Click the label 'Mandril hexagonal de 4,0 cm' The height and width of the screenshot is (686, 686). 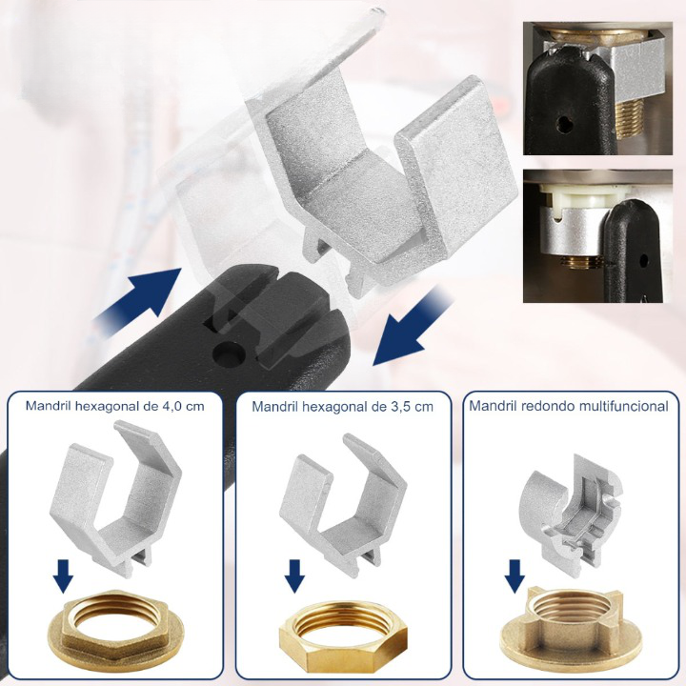115,406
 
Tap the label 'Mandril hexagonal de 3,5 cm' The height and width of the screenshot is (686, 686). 343,407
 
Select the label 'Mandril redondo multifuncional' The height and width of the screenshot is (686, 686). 569,406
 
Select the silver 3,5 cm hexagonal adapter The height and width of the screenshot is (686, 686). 343,503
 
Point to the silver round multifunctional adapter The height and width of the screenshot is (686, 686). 569,510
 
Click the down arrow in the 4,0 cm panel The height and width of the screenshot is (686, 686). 63,575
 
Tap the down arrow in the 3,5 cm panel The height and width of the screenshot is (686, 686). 294,575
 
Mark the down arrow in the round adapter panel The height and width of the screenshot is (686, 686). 514,575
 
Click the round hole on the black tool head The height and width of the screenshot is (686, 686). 227,353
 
